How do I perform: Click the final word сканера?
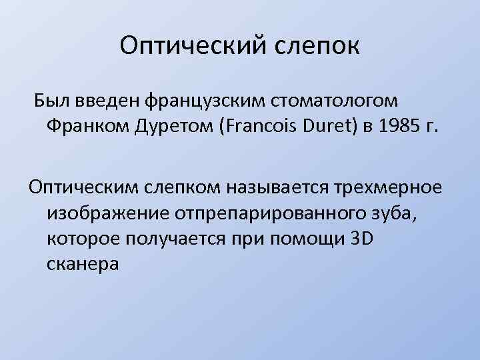(x=83, y=265)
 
